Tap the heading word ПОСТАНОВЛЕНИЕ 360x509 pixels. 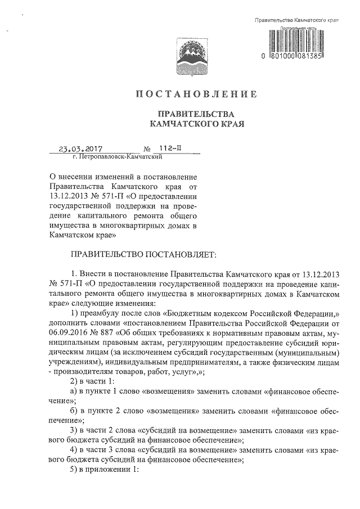click(x=195, y=93)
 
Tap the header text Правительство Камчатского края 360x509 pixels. click(x=295, y=20)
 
